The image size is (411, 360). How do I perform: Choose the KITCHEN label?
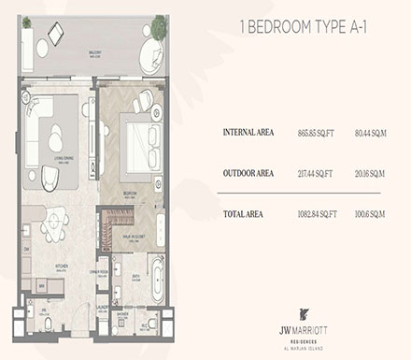60,266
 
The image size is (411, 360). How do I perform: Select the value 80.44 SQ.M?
368,132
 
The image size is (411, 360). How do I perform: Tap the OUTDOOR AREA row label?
248,173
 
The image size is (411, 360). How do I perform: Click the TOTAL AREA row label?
243,214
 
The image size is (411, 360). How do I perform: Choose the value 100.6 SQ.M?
368,214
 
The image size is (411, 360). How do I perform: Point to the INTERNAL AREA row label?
248,132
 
